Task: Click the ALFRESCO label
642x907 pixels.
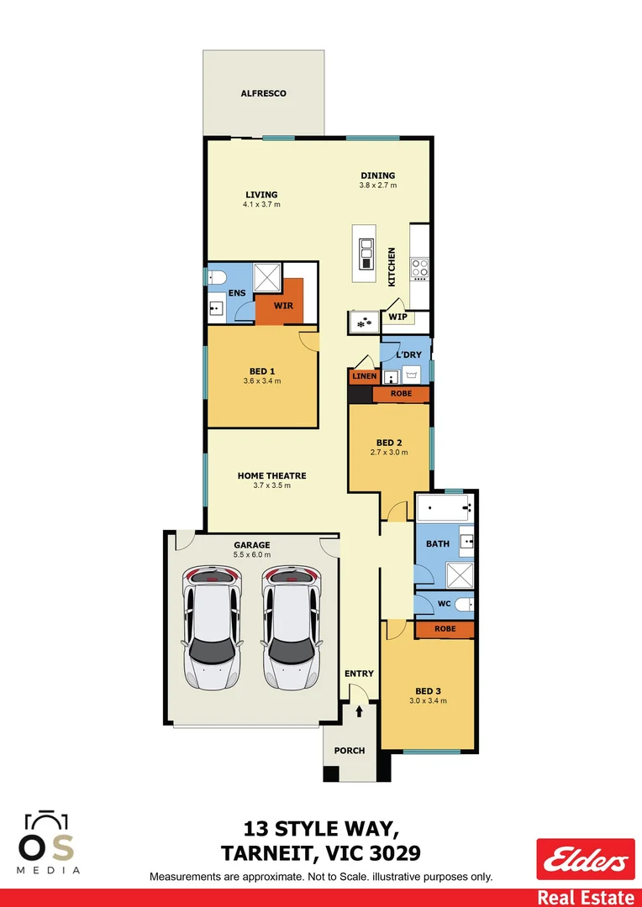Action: pyautogui.click(x=264, y=93)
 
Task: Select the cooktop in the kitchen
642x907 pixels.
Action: pyautogui.click(x=419, y=269)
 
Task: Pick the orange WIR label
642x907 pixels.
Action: pyautogui.click(x=283, y=306)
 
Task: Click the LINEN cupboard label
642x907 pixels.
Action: pyautogui.click(x=365, y=376)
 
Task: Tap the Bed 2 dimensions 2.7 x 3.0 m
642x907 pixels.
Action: pyautogui.click(x=389, y=453)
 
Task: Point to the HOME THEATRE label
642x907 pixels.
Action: pyautogui.click(x=271, y=475)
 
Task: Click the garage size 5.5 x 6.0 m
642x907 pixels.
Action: pyautogui.click(x=252, y=554)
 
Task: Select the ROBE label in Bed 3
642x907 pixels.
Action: pyautogui.click(x=445, y=628)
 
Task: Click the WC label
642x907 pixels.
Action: pyautogui.click(x=445, y=604)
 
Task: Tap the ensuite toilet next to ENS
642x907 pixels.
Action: pyautogui.click(x=215, y=277)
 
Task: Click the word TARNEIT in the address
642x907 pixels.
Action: pyautogui.click(x=270, y=853)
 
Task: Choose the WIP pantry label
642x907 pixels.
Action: pyautogui.click(x=397, y=317)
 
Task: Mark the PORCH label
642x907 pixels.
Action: pyautogui.click(x=350, y=750)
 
